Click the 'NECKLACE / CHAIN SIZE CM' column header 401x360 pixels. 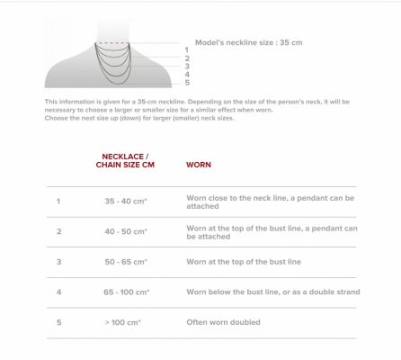coord(122,160)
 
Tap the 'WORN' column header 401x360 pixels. coord(198,165)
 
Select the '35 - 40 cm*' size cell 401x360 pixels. coord(126,201)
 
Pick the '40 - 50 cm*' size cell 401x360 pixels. coord(126,231)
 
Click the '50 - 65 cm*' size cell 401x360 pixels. coord(126,262)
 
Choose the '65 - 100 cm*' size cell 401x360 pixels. coord(126,292)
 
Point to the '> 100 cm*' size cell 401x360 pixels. coord(124,321)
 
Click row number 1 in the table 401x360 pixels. coord(58,201)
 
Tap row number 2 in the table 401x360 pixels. coord(58,231)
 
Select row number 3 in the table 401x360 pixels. coord(58,262)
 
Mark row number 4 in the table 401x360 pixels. coord(58,292)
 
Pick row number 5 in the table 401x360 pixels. coord(58,321)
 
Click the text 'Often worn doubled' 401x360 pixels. coord(223,321)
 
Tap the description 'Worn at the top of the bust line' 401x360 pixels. coord(243,262)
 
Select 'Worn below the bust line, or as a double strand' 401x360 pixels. coord(272,292)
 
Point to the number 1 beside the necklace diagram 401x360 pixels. coord(186,49)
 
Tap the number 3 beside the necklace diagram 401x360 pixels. coord(186,67)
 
